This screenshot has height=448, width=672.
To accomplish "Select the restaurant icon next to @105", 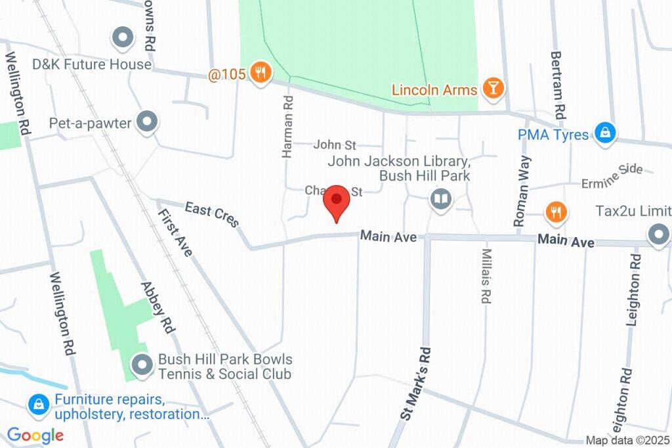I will pyautogui.click(x=261, y=74).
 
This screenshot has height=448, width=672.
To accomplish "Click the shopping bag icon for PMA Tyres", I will pyautogui.click(x=604, y=133).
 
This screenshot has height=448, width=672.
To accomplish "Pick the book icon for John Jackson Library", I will pyautogui.click(x=441, y=198).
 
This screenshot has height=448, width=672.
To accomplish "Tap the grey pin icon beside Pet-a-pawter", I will pyautogui.click(x=148, y=122).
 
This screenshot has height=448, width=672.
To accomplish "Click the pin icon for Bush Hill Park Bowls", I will pyautogui.click(x=141, y=364).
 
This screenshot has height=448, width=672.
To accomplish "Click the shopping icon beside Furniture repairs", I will pyautogui.click(x=39, y=405).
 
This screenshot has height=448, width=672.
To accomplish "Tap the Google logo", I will pyautogui.click(x=35, y=435).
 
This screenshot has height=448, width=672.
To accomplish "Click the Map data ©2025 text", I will pyautogui.click(x=627, y=441).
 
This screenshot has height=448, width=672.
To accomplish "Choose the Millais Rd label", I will pyautogui.click(x=486, y=276).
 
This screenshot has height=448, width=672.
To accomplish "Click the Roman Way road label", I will pyautogui.click(x=523, y=191).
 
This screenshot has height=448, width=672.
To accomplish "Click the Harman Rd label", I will pyautogui.click(x=287, y=127).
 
